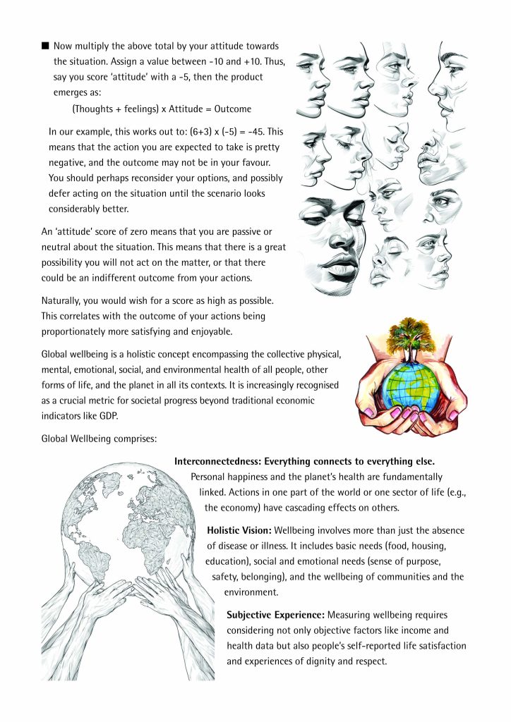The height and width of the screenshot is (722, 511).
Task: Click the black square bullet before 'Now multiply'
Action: [x=46, y=46]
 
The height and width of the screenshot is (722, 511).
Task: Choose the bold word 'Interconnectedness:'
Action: [x=218, y=461]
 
